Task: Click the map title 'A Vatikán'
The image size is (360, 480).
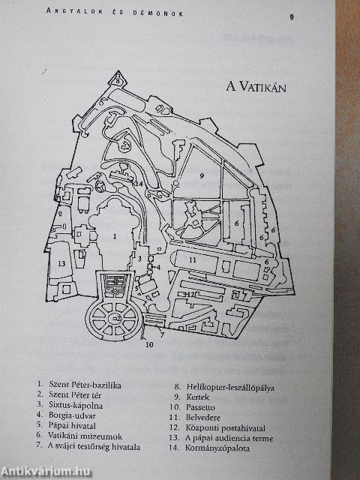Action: pos(256,87)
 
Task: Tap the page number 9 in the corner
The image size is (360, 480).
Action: pos(292,16)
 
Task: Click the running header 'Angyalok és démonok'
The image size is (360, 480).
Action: pos(115,12)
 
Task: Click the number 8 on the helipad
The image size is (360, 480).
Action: pos(118,81)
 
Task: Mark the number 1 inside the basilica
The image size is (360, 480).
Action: pos(114,236)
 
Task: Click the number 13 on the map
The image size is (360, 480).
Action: pos(61,263)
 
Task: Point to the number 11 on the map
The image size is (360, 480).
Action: pos(192,260)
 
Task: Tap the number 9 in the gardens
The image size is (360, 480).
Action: pos(202,175)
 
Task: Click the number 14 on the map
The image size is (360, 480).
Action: pos(139,184)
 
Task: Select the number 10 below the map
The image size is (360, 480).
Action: pos(149,344)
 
